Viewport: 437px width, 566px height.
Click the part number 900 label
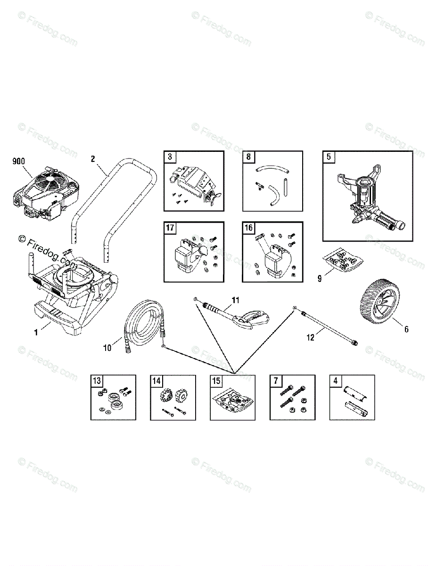19,161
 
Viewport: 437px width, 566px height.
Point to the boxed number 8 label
248,157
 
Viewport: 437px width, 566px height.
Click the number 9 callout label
320,278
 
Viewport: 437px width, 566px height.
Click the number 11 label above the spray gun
236,300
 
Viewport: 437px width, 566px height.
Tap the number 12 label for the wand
310,337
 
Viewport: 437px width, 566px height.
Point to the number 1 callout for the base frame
35,333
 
